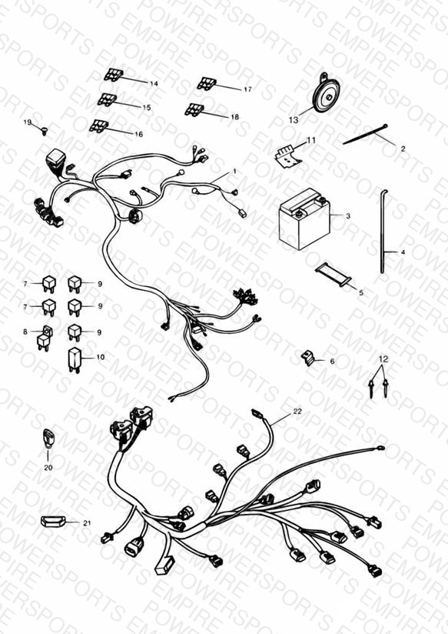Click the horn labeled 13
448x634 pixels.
coord(326,93)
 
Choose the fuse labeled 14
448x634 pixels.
coord(114,75)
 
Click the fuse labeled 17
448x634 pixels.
coord(207,83)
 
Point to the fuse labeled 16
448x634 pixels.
coord(98,125)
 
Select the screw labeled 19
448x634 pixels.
coord(44,131)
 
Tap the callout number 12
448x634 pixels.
coord(383,359)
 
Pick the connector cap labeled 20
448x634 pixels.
coord(48,439)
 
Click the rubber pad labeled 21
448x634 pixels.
coord(53,521)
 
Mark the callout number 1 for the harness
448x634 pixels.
coord(234,172)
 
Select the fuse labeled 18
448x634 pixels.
coord(194,109)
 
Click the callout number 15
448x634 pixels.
coord(146,108)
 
